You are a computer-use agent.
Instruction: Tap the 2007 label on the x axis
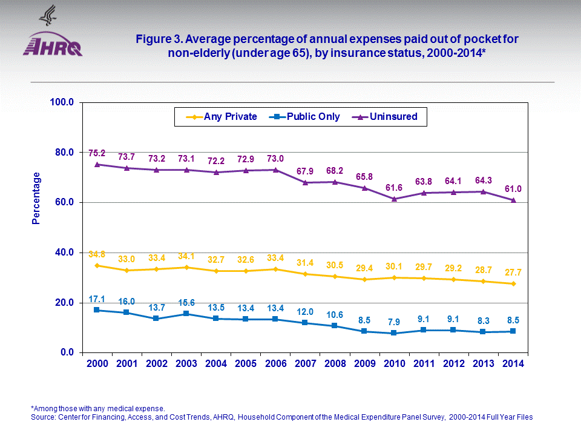tap(305, 363)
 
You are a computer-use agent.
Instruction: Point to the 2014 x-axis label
tap(513, 363)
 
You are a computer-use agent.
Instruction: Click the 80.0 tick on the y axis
tap(62, 152)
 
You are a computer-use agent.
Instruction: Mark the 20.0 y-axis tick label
tap(62, 303)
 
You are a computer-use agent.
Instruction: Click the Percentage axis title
tap(36, 198)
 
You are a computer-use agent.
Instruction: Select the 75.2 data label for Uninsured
tap(97, 153)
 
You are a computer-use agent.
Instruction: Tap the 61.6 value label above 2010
tap(394, 188)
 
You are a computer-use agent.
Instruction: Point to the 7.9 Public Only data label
tap(394, 321)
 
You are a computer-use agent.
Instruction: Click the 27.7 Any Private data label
tap(513, 272)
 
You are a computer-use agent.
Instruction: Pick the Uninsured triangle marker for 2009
tap(364, 188)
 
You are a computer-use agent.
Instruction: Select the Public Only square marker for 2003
tap(186, 314)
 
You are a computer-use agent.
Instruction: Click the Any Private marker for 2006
tap(275, 269)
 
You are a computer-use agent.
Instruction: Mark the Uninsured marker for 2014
tap(513, 200)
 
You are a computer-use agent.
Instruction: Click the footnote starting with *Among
tap(97, 408)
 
